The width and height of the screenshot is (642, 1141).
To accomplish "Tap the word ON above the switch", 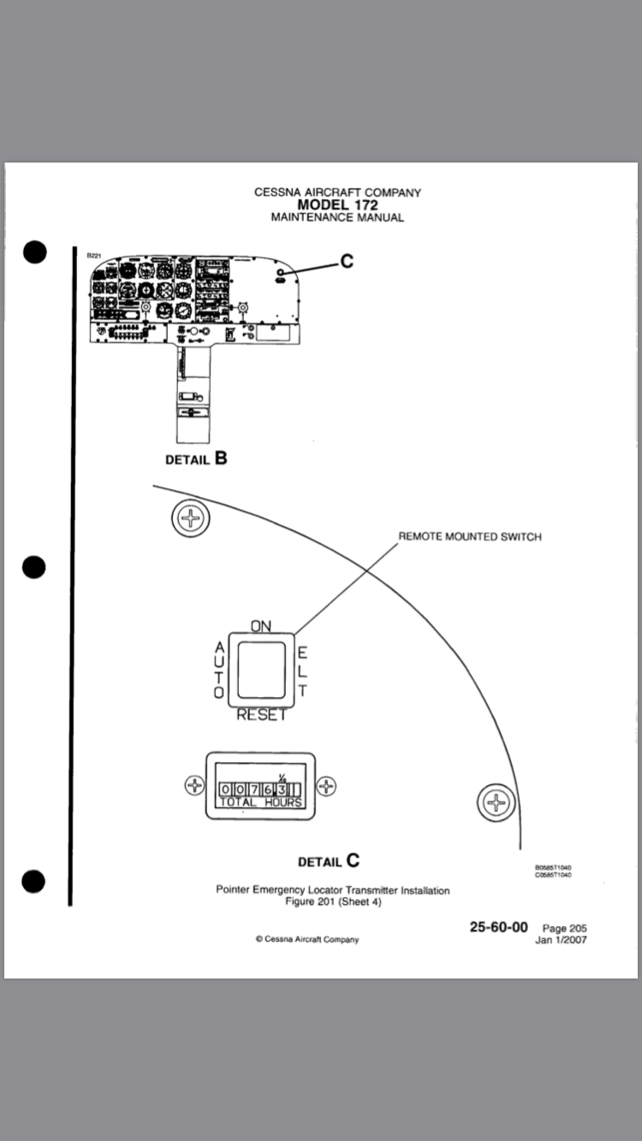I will click(x=261, y=626).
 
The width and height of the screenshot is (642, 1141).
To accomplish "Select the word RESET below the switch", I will click(x=261, y=715).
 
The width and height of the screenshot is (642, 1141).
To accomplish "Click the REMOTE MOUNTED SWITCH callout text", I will click(x=470, y=537).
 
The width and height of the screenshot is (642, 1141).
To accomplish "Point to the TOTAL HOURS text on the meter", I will click(x=261, y=802).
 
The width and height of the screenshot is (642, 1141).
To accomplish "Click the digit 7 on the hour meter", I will click(x=253, y=789).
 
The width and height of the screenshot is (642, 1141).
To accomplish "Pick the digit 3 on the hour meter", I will click(x=281, y=789).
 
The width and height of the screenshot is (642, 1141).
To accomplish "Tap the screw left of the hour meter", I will click(x=195, y=785).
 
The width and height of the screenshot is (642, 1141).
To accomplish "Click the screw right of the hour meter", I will click(x=327, y=785).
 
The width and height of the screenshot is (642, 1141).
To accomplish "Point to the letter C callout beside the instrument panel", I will click(x=347, y=262).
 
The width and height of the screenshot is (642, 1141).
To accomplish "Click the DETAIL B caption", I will click(x=196, y=458).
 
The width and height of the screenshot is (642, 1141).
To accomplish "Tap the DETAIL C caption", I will click(x=329, y=861).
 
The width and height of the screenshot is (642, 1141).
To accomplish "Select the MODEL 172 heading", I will click(x=337, y=205).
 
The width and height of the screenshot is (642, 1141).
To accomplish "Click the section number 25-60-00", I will click(x=498, y=926).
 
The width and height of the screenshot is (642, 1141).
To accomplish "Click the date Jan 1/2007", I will click(x=561, y=939).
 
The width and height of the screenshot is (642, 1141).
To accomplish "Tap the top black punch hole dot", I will click(x=34, y=253).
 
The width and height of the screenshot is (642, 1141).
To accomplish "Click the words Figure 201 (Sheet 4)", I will click(x=332, y=902).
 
